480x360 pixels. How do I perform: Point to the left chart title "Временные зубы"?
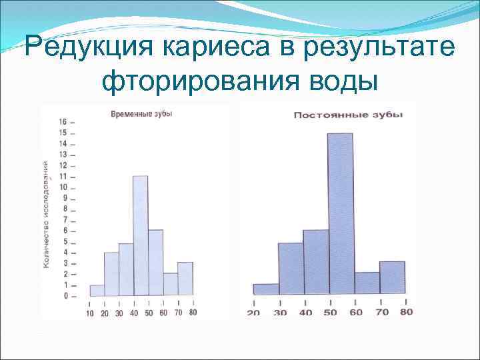[141, 114]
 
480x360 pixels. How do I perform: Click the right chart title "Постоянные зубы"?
[348, 115]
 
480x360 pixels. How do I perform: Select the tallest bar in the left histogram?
[140, 235]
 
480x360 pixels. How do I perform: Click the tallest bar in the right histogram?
[341, 213]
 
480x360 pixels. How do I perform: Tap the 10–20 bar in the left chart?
[97, 290]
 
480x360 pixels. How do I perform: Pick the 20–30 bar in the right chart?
[266, 289]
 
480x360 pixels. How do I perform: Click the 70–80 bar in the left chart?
[185, 279]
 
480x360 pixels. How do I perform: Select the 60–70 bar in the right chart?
[367, 283]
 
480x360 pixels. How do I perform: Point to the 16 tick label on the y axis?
[63, 122]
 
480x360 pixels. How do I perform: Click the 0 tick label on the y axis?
[65, 295]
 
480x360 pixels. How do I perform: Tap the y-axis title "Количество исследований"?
[46, 213]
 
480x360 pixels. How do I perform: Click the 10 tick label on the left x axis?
[90, 313]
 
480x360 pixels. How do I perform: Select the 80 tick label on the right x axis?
[406, 312]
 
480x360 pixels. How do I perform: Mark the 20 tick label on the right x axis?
[253, 313]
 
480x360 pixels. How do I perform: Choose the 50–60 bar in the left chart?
[155, 263]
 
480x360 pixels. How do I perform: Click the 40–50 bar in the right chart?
[316, 262]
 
